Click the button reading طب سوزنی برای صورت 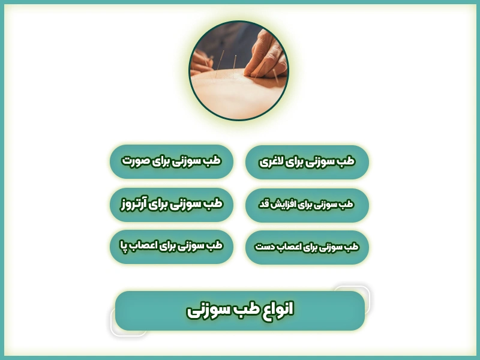[x=172, y=161]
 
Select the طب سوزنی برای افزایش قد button [x=307, y=205]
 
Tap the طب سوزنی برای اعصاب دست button [x=307, y=247]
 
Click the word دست [x=266, y=247]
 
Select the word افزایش [x=285, y=205]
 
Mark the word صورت [x=135, y=161]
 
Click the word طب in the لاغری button [x=346, y=162]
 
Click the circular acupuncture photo [x=239, y=70]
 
